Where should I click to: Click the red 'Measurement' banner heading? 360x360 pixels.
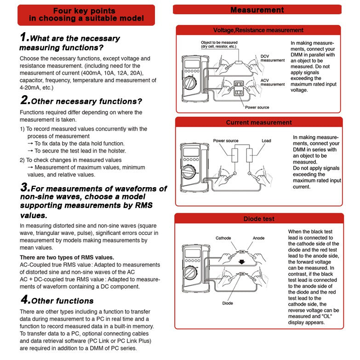(x=257, y=10)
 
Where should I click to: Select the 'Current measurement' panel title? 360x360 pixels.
(x=258, y=122)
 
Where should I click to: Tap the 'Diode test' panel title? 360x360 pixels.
(x=259, y=219)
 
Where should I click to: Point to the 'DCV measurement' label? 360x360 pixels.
(x=272, y=58)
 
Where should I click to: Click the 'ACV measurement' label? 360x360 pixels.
(x=272, y=82)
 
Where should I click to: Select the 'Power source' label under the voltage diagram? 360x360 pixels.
(x=257, y=107)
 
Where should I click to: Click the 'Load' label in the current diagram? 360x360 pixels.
(x=266, y=141)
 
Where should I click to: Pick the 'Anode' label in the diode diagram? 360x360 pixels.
(x=259, y=238)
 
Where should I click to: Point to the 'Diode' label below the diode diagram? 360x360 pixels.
(x=228, y=303)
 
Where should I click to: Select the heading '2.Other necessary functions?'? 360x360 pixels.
(x=81, y=101)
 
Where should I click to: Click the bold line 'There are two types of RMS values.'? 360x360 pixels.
(x=67, y=257)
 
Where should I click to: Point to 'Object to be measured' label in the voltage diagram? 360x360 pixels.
(x=219, y=42)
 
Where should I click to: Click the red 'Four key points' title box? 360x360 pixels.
(x=86, y=15)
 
